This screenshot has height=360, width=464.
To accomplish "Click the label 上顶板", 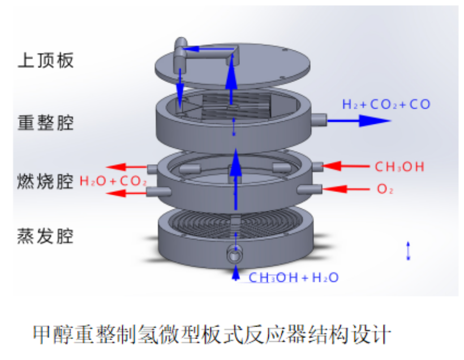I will [46, 61].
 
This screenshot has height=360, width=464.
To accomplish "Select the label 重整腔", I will [46, 122].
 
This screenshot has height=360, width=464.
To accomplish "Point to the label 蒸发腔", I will [46, 236].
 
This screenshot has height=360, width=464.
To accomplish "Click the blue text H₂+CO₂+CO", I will [386, 104].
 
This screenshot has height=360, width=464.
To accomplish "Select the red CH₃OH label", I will [399, 166].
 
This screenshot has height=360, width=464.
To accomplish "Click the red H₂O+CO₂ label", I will [113, 182].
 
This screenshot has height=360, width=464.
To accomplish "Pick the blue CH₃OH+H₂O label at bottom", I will [294, 277].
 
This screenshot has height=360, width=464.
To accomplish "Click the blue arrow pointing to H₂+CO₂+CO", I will [359, 120].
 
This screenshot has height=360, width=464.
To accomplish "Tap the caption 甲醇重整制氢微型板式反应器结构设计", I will [212, 333].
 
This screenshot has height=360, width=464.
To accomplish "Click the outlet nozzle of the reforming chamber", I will [318, 119].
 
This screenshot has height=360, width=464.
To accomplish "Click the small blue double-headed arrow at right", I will [409, 250].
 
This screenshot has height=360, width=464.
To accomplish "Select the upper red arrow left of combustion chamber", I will [128, 167].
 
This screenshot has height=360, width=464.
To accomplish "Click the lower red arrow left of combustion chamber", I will [128, 194].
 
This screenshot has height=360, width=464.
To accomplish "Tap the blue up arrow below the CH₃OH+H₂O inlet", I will [235, 273].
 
